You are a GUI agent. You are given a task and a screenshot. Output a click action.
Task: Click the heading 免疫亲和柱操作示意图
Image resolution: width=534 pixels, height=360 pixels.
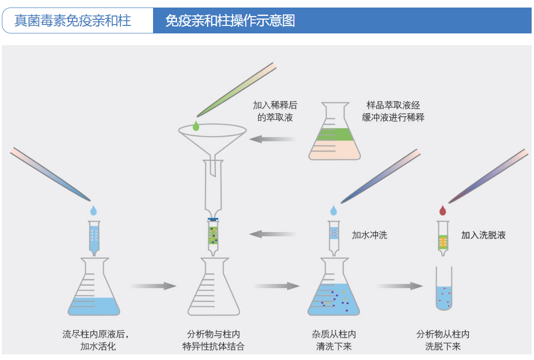[x=230, y=21]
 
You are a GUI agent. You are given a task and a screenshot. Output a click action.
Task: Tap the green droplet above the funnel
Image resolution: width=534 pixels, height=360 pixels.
[x=196, y=126]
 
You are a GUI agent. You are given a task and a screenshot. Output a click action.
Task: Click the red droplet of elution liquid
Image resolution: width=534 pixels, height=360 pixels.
[x=442, y=210]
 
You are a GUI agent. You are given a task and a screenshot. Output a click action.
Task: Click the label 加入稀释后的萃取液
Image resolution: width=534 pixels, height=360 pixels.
[x=275, y=111]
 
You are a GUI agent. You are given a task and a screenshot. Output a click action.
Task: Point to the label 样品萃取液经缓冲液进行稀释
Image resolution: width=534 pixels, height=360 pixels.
[x=393, y=111]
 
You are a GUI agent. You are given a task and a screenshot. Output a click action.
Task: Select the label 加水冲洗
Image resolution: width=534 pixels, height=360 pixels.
[x=370, y=235]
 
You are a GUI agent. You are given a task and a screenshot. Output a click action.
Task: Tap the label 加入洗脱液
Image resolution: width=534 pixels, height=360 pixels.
[x=483, y=235]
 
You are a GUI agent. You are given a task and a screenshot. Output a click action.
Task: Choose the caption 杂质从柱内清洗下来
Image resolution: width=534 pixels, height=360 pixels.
[x=334, y=340]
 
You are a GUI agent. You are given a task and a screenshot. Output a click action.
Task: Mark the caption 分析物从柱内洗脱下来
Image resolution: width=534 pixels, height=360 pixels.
[x=443, y=340]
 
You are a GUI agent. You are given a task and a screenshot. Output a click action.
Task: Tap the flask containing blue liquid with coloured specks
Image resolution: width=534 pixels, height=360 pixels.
[x=333, y=289]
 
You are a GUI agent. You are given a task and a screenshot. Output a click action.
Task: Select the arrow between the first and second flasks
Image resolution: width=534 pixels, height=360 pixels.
[x=154, y=286]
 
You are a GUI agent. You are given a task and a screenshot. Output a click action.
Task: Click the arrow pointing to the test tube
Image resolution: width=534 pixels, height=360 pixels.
[x=400, y=286]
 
